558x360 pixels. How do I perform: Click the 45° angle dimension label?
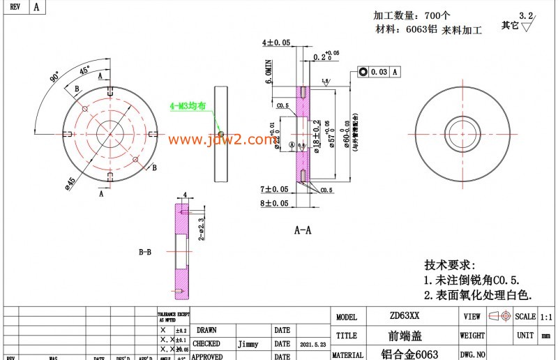[x=84, y=71]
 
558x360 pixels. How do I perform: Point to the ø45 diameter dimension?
[x=70, y=182]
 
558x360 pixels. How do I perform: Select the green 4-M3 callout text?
[x=188, y=106]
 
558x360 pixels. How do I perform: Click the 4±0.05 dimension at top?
[x=276, y=43]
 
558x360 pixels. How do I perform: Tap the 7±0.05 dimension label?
[x=274, y=189]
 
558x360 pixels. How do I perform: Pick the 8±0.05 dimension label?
[x=274, y=203]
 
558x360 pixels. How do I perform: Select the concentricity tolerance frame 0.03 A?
[x=379, y=72]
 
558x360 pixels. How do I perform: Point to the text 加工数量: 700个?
[x=412, y=15]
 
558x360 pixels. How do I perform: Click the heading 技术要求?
[x=449, y=265]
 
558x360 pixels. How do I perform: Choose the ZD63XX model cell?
[x=405, y=316]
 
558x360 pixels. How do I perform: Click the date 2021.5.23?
[x=310, y=344]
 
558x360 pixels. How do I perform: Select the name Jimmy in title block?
[x=248, y=344]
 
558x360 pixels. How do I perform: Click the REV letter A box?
[x=36, y=8]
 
